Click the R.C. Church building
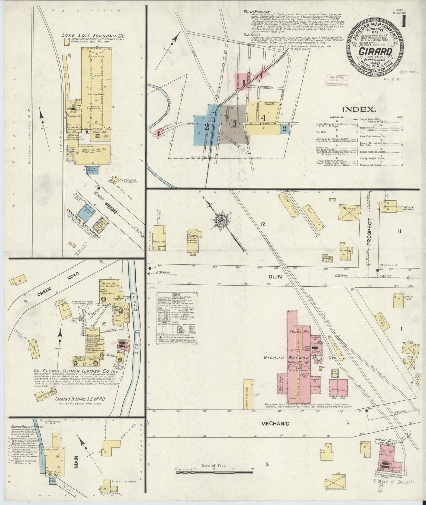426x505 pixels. pyautogui.click(x=195, y=241)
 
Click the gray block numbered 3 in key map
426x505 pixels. pyautogui.click(x=235, y=123)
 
